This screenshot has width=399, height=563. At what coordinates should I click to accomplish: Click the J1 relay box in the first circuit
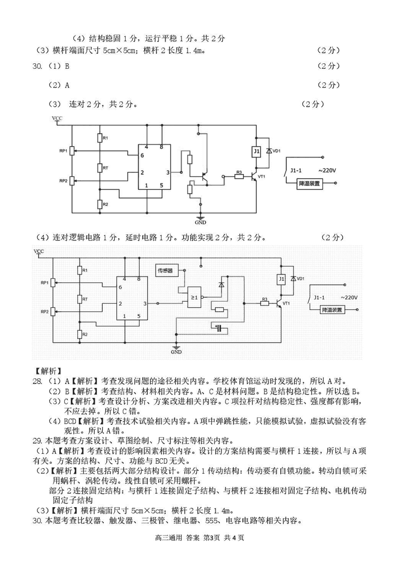point(256,151)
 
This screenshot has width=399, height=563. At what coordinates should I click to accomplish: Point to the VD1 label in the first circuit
point(276,151)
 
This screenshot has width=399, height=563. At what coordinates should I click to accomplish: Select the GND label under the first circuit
point(201,222)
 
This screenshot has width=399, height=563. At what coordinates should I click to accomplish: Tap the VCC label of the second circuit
point(38,251)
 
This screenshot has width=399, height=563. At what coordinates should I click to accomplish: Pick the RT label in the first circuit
point(106,168)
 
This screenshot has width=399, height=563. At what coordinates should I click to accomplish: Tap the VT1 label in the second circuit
point(286,303)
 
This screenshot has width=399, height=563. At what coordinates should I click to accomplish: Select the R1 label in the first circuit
point(105,138)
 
